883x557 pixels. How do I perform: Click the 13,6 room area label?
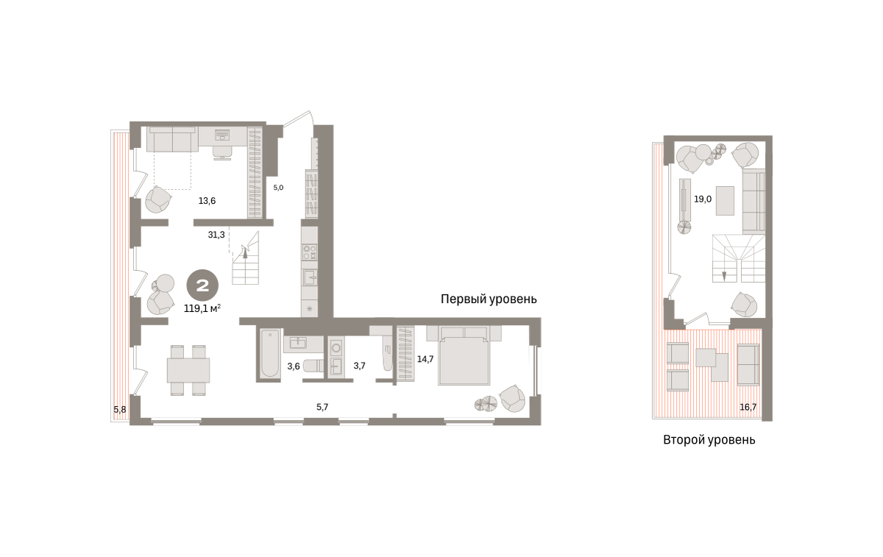[x=207, y=201]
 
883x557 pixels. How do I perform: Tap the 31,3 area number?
[x=216, y=235]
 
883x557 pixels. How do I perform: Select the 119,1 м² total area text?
[x=202, y=308]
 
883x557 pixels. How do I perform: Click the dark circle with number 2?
[x=202, y=285]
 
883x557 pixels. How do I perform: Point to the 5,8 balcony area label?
[x=120, y=410]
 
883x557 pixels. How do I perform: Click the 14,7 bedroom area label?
[x=425, y=359]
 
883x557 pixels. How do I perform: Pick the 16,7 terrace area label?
[x=748, y=407]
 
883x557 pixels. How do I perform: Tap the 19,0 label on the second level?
[x=703, y=199]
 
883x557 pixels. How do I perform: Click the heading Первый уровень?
[x=489, y=299]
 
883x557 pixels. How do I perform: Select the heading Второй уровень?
[x=709, y=439]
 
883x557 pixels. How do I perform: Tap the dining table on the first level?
[x=188, y=370]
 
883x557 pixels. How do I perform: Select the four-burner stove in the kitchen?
[x=310, y=252]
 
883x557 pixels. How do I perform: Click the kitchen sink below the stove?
[x=310, y=278]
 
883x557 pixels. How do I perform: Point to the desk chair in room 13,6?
[x=222, y=152]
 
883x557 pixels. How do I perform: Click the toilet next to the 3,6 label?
[x=313, y=366]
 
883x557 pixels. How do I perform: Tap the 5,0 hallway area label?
[x=278, y=188]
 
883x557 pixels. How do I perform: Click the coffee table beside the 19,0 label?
[x=725, y=201]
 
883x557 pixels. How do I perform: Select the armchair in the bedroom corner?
[x=512, y=398]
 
